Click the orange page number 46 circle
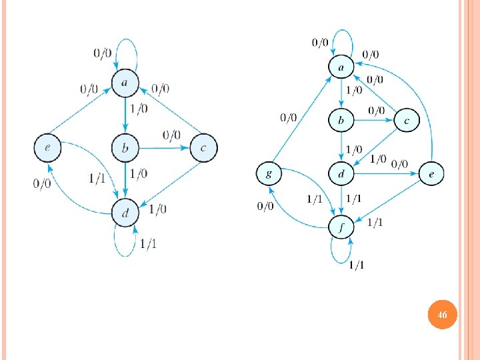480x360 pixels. pos(441,314)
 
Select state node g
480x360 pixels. pos(269,175)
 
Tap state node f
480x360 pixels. pos(341,227)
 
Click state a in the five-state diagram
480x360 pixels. pos(125,83)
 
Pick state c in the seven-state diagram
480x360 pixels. pos(406,121)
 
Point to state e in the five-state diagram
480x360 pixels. pos(47,147)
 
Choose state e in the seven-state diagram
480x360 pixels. pos(431,175)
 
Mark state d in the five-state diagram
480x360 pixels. pos(125,213)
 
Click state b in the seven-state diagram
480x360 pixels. pos(341,121)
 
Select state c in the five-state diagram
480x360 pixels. pos(203,147)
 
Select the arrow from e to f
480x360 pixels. pos(390,199)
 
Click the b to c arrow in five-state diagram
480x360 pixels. pos(163,147)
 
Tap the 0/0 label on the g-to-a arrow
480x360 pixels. pos(289,118)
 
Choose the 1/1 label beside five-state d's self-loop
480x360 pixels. pos(149,243)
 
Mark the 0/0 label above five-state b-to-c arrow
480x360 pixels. pos(171,135)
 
